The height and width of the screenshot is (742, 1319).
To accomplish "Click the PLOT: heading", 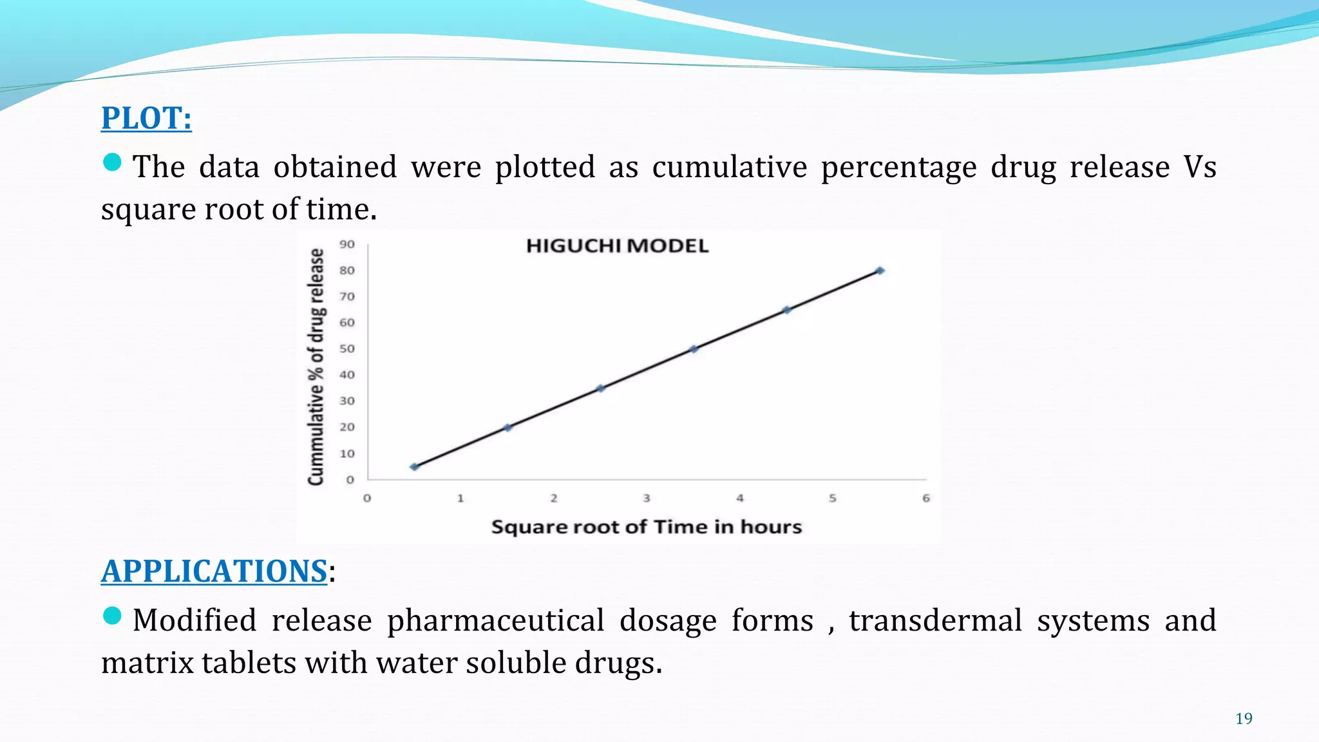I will [x=146, y=118].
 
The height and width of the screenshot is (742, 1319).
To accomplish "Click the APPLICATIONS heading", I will [x=214, y=571].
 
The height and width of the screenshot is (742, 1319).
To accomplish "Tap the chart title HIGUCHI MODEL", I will [x=617, y=246].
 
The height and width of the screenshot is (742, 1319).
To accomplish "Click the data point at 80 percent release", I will [x=880, y=271].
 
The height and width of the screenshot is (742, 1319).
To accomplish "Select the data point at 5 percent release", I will [x=414, y=467].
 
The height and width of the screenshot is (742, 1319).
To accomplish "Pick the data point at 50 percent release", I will [x=694, y=349].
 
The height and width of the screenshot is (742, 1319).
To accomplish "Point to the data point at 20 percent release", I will [x=508, y=428].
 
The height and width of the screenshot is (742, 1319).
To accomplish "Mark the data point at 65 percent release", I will [x=786, y=310].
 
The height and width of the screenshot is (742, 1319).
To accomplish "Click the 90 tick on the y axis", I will [x=347, y=244].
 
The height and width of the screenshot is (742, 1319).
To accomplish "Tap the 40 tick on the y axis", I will [x=347, y=375].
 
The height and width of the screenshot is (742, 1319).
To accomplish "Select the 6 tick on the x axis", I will [x=926, y=498].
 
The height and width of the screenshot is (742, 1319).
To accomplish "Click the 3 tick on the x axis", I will [x=647, y=498].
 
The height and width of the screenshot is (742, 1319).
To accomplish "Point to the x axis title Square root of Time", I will [x=646, y=527].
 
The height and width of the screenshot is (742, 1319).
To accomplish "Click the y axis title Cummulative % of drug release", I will [x=316, y=366].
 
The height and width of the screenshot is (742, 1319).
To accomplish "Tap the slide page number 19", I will [x=1244, y=719].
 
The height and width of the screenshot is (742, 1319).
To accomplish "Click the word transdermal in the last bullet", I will [x=935, y=621].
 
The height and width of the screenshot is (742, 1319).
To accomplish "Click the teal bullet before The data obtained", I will [x=112, y=162].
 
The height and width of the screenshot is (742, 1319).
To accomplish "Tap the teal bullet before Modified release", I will [x=112, y=616].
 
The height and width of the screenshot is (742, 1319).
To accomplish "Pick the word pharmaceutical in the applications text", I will [x=495, y=621].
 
